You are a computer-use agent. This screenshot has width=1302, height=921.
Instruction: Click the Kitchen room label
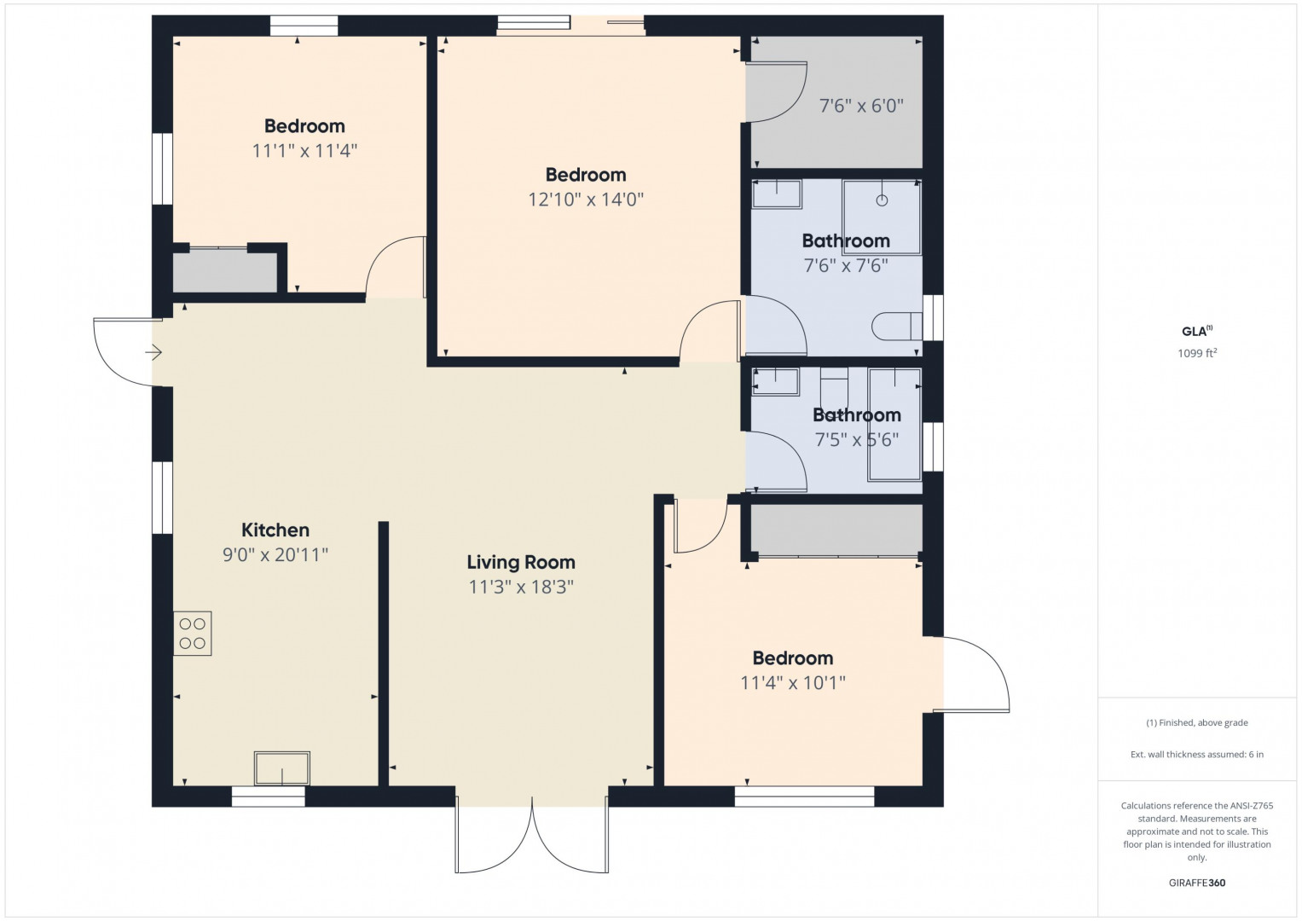[275, 530]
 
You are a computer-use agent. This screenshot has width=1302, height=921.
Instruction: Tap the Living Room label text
[521, 562]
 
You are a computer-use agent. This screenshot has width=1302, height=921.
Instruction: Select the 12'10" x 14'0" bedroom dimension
[585, 200]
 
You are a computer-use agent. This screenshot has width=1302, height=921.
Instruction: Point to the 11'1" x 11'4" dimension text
[304, 151]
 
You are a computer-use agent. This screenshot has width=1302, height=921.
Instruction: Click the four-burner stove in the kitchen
[192, 633]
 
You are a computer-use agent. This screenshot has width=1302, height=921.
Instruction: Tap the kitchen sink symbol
[282, 768]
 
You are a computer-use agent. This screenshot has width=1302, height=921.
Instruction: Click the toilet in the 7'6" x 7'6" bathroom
[897, 326]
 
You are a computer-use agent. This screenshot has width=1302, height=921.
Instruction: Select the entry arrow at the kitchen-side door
[153, 352]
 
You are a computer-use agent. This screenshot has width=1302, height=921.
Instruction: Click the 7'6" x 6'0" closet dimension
[861, 107]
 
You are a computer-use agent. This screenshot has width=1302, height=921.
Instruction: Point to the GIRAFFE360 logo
[1197, 883]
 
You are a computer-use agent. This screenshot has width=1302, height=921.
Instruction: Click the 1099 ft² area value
[1197, 353]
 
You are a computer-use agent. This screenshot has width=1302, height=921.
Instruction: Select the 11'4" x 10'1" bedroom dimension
[793, 682]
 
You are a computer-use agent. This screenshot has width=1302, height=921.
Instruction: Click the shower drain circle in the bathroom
[882, 200]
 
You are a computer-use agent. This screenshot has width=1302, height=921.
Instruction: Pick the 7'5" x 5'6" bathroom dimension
[857, 440]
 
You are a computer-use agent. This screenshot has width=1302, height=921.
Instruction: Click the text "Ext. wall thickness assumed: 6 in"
[1197, 755]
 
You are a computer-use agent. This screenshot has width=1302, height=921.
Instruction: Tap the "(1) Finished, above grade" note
[1197, 723]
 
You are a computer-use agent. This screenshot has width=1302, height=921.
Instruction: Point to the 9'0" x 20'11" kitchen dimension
[275, 555]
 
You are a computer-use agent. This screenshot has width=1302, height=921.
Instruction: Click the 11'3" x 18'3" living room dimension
[521, 588]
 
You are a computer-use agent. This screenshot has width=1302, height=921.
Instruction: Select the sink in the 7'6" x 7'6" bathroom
[777, 194]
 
